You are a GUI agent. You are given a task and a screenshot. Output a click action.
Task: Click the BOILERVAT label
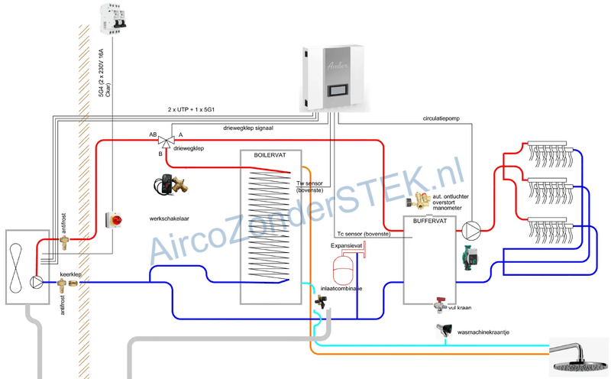(x=270, y=155)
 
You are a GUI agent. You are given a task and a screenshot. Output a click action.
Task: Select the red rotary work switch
(x=115, y=221)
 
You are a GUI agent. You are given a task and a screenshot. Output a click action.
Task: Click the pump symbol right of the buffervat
(x=472, y=228)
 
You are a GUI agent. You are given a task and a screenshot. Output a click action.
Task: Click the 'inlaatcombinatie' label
(x=340, y=289)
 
